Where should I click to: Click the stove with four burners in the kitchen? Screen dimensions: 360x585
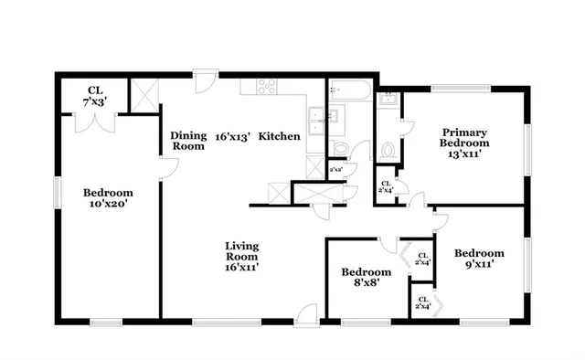point(268,88)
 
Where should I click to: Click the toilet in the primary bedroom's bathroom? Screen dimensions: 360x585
point(388,148)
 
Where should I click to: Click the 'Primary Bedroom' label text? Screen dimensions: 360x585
point(463,137)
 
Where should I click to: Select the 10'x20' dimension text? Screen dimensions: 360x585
point(108,206)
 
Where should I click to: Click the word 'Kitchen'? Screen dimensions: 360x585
point(279,136)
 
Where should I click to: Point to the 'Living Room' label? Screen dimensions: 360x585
point(242,251)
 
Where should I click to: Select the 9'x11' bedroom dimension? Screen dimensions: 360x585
point(480,266)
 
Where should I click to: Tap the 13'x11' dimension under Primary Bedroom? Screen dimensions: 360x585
point(463,155)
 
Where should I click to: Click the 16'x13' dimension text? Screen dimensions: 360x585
point(232,136)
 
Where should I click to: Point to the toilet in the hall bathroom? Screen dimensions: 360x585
point(339,148)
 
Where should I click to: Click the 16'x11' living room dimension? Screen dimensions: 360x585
point(242,270)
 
